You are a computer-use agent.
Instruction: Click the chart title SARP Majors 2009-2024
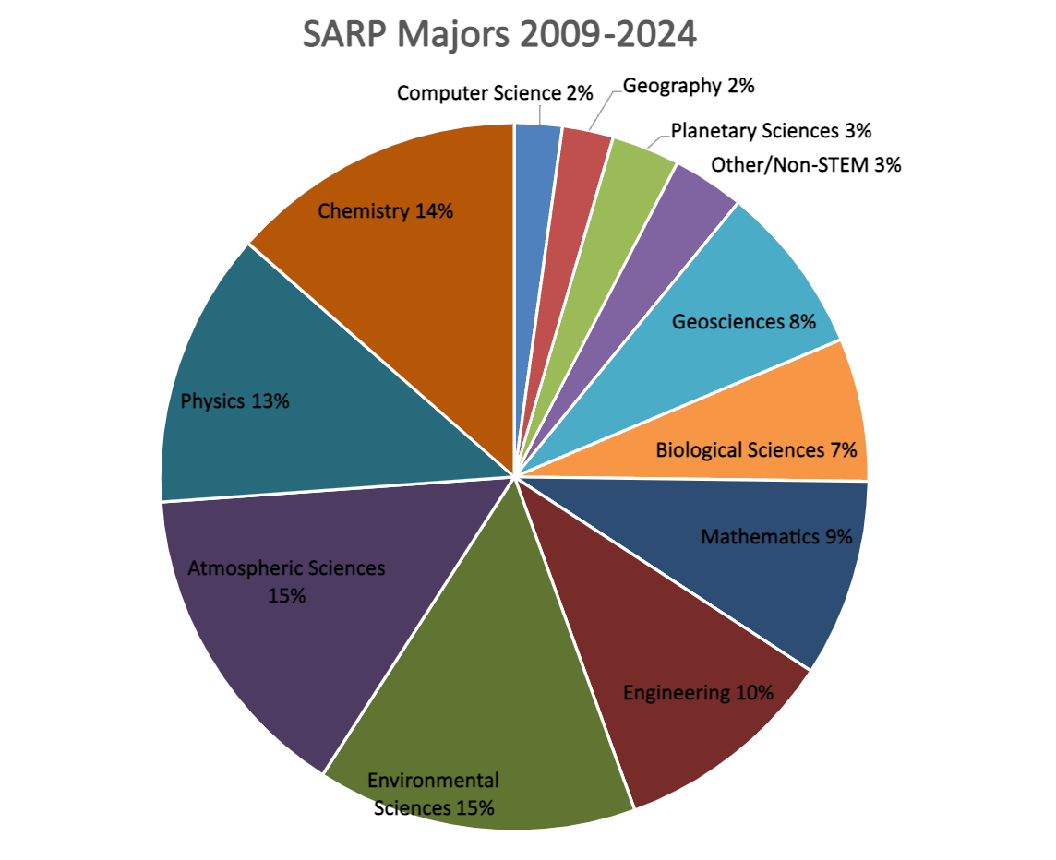[x=499, y=36]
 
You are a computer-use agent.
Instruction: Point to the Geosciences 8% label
[x=744, y=322]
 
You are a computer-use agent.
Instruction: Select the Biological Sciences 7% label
[x=756, y=450]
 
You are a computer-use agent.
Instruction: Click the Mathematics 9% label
[x=775, y=536]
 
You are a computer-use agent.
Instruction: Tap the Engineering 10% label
[x=698, y=692]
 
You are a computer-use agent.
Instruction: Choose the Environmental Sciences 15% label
[x=433, y=794]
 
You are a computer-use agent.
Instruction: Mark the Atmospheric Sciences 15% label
[x=286, y=581]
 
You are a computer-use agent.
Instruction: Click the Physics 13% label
[x=235, y=401]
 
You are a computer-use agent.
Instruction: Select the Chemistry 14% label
[x=385, y=211]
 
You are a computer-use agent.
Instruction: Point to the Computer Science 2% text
[x=494, y=93]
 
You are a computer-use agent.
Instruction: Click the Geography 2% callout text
[x=689, y=86]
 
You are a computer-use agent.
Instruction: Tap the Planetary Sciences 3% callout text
[x=771, y=130]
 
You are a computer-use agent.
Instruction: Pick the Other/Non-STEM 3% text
[x=806, y=166]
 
